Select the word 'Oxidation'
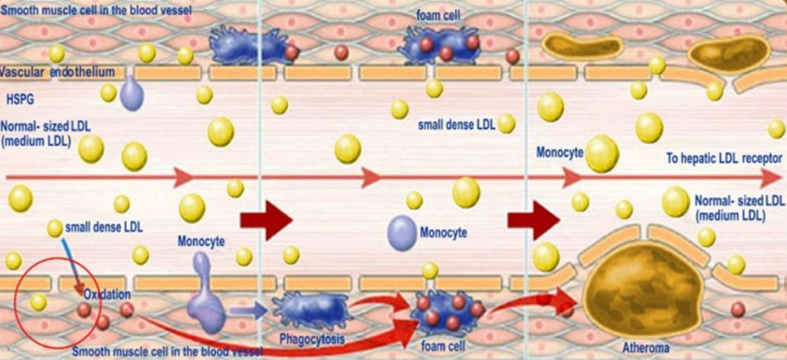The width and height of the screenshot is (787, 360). (x=108, y=296)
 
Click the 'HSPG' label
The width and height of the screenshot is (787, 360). (x=19, y=98)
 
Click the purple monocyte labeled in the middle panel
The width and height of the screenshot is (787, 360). (x=402, y=231)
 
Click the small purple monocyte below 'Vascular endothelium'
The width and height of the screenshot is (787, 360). (x=132, y=94)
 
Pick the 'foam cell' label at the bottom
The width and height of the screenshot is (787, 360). (x=438, y=344)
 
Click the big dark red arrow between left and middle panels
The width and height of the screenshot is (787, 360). (x=265, y=221)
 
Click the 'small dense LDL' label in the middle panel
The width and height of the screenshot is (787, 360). (x=456, y=126)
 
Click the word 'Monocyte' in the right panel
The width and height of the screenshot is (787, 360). (x=559, y=153)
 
